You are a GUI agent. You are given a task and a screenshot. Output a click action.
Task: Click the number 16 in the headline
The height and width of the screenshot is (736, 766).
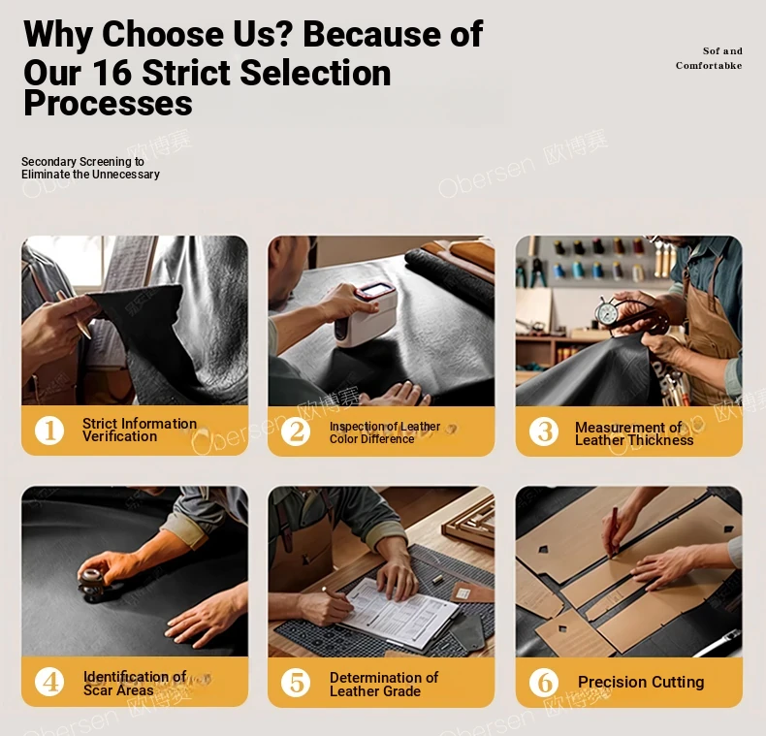[x=112, y=73]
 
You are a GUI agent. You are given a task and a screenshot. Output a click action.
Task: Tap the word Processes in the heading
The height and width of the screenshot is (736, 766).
[x=108, y=103]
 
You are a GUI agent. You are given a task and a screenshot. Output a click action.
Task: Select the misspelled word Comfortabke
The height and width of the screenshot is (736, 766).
[x=709, y=66]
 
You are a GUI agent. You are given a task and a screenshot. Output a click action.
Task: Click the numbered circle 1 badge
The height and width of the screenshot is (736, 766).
[x=49, y=431]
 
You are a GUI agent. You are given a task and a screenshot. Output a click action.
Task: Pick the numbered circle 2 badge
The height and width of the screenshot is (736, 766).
[x=296, y=432]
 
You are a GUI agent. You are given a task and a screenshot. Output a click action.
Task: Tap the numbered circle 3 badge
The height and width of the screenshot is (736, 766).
[x=544, y=432]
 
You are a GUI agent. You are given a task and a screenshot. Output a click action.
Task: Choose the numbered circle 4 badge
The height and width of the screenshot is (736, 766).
[x=49, y=682]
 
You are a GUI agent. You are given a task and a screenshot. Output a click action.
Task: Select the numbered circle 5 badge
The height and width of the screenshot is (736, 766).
[x=296, y=683]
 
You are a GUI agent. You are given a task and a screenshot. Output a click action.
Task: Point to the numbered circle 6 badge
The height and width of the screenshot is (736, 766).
[x=544, y=683]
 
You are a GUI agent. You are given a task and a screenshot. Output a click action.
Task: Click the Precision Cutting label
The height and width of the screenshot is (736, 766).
[x=641, y=682]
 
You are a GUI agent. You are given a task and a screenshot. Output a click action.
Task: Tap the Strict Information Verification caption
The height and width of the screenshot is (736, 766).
[x=140, y=431]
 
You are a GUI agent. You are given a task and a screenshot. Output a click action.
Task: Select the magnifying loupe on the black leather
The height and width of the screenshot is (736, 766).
[x=91, y=583]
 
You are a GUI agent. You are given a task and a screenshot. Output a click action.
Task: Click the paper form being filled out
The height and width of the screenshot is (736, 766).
[x=399, y=614]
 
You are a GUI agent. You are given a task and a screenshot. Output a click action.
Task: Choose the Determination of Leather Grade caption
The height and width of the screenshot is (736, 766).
[x=384, y=685]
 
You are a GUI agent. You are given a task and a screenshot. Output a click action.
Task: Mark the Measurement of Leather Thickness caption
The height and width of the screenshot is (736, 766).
[x=634, y=433]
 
